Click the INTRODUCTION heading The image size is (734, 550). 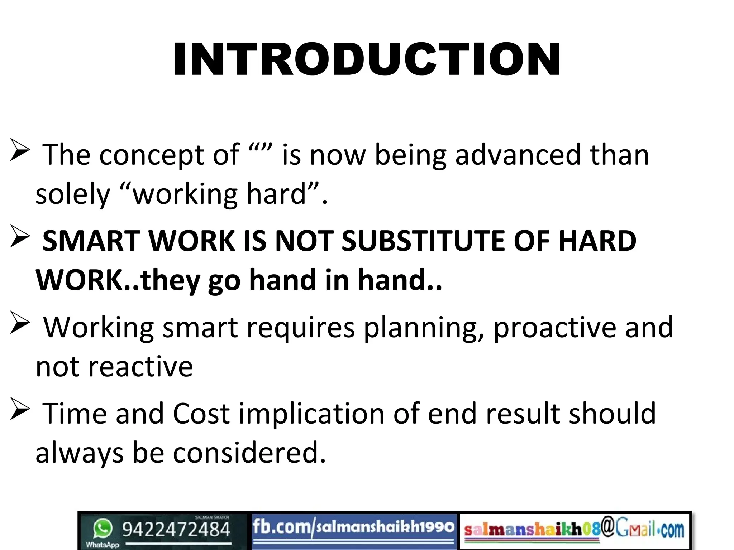click(367, 59)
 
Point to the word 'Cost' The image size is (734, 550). click(201, 414)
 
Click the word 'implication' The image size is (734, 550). click(312, 414)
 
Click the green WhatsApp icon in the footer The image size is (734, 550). click(103, 529)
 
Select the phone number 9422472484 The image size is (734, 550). click(176, 530)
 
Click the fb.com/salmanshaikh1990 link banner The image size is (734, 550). click(353, 529)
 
